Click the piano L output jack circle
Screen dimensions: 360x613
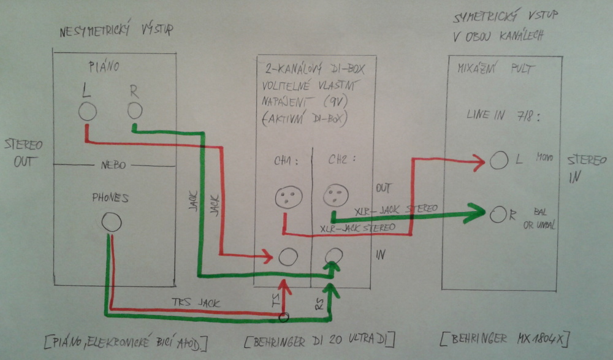pyautogui.click(x=87, y=112)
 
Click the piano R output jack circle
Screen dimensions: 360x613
pyautogui.click(x=135, y=110)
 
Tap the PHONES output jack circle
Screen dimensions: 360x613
pyautogui.click(x=111, y=223)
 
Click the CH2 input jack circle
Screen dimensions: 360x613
pyautogui.click(x=333, y=256)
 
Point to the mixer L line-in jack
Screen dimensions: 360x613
pyautogui.click(x=498, y=161)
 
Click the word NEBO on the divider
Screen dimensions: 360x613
pyautogui.click(x=113, y=166)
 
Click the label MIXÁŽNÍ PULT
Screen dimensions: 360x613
pyautogui.click(x=491, y=69)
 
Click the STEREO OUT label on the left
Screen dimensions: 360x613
pyautogui.click(x=23, y=153)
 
